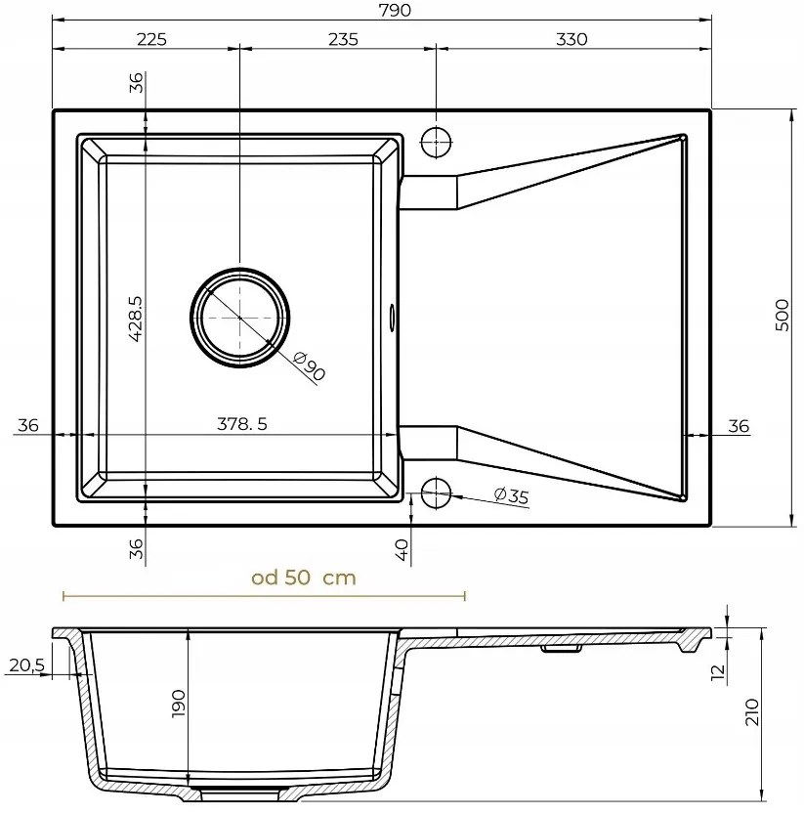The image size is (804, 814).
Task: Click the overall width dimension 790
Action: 381,11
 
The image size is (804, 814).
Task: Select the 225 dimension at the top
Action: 151,39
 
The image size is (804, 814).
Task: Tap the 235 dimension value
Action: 343,39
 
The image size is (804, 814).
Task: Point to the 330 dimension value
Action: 571,39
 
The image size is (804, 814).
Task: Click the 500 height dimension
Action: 781,317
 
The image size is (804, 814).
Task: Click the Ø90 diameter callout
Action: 309,367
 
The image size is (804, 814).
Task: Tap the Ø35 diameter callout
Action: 510,496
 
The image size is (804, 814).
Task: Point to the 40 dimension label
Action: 402,550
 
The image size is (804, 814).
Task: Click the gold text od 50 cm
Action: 304,578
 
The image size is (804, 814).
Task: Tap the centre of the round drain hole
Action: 239,318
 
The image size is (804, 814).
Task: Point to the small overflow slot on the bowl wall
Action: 393,316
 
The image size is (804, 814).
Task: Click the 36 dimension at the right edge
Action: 739,425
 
